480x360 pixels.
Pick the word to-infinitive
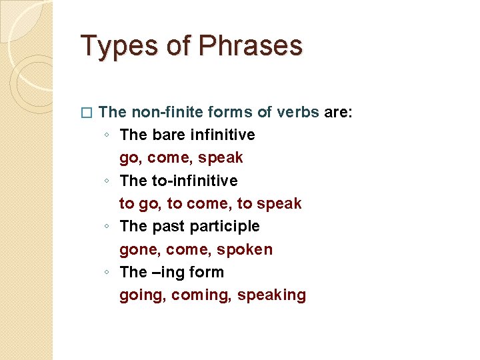click(x=195, y=181)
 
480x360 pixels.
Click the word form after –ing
click(x=206, y=272)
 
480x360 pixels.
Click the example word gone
click(x=139, y=249)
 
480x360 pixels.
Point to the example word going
click(x=142, y=295)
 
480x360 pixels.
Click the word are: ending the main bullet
click(x=338, y=112)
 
